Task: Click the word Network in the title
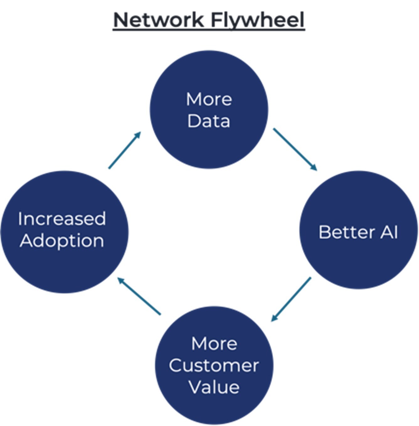pyautogui.click(x=158, y=20)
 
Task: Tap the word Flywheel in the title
pyautogui.click(x=257, y=20)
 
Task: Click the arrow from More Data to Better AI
pyautogui.click(x=295, y=149)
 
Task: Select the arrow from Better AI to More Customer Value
pyautogui.click(x=291, y=299)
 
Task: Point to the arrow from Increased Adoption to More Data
pyautogui.click(x=125, y=150)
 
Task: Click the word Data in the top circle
pyautogui.click(x=209, y=121)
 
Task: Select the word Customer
pyautogui.click(x=214, y=365)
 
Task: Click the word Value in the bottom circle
pyautogui.click(x=214, y=387)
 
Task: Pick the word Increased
pyautogui.click(x=62, y=219)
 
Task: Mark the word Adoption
pyautogui.click(x=62, y=241)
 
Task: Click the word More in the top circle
pyautogui.click(x=209, y=99)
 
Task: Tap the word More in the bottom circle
pyautogui.click(x=214, y=344)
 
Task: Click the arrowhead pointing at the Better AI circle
pyautogui.click(x=314, y=167)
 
